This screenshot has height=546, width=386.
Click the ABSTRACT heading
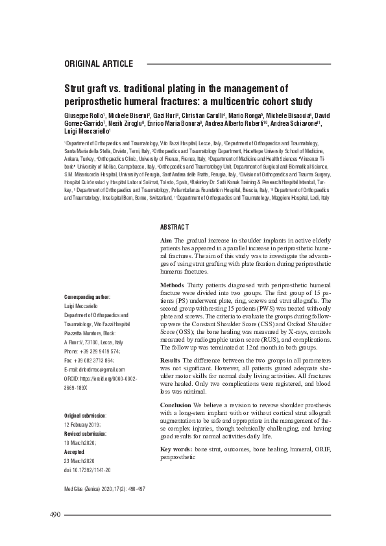pyautogui.click(x=174, y=226)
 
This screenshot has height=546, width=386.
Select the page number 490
pyautogui.click(x=54, y=514)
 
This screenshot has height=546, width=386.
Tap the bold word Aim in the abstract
pyautogui.click(x=166, y=240)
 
